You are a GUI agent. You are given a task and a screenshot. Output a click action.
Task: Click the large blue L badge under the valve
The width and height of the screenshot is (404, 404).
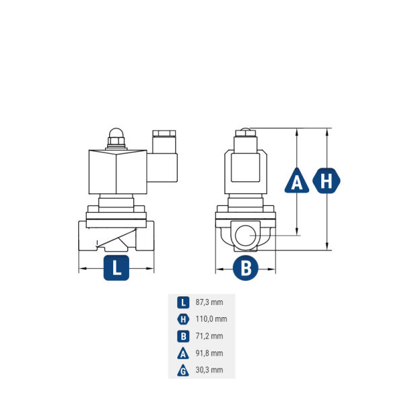pos(116,268)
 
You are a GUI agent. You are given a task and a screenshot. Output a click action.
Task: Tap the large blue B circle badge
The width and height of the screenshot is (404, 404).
pos(246,268)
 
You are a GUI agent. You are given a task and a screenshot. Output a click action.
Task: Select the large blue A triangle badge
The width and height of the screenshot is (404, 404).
pos(297,181)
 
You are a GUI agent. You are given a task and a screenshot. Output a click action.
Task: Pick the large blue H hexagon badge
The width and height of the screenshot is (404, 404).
pos(327,181)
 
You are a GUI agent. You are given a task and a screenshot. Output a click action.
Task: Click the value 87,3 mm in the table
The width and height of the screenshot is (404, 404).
pos(208,303)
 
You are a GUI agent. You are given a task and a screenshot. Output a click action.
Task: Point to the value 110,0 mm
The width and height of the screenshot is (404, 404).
pos(211,320)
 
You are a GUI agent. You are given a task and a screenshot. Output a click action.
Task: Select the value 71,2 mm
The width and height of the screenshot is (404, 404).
pos(208,336)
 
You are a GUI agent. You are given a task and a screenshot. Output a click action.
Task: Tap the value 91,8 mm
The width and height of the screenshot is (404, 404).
pos(208,353)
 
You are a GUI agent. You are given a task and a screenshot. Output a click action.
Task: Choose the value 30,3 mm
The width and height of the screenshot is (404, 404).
pos(208,370)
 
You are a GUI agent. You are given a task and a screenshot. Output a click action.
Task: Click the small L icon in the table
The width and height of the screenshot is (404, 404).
pos(182,303)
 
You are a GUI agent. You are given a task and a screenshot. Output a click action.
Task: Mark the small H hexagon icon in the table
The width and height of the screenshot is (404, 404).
pos(182,320)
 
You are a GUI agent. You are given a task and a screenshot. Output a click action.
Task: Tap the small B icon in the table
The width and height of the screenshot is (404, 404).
pos(182,336)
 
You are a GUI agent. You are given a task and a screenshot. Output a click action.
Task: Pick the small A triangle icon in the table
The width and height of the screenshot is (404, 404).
pos(182,353)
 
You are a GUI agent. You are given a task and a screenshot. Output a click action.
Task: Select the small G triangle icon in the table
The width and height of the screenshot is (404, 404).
pos(182,370)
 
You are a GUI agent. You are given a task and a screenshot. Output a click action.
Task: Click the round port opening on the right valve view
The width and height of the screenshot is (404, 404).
pos(246,236)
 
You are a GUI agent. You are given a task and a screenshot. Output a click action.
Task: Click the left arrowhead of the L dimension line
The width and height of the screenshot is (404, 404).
pos(81,269)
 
